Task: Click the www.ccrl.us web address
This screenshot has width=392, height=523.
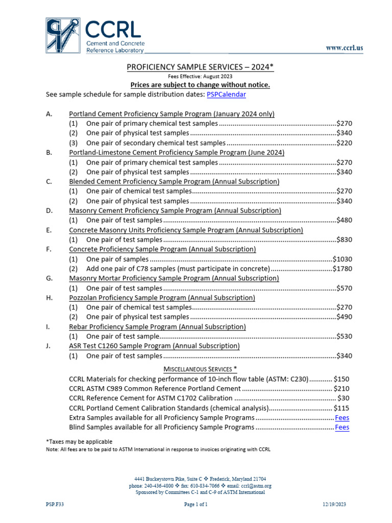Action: [345, 48]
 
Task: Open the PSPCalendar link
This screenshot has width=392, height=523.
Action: [226, 94]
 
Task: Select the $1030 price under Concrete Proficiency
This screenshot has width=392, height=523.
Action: [342, 259]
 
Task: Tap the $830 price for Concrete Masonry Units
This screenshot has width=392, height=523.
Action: [344, 240]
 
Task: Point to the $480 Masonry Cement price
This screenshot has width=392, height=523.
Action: [344, 220]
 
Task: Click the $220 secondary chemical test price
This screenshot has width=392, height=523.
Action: [344, 143]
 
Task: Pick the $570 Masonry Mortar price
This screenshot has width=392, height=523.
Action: [344, 288]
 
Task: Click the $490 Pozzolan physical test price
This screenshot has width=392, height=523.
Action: [344, 317]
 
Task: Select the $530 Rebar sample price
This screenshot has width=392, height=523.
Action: [344, 337]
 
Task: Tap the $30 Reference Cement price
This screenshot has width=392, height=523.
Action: [344, 398]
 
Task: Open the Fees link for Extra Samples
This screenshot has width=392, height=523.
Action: [342, 417]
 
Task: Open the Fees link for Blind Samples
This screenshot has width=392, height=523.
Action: [342, 427]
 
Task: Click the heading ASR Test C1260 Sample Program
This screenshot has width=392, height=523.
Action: [154, 346]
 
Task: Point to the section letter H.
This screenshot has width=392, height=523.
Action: [48, 298]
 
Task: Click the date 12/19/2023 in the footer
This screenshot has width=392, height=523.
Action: [334, 504]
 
